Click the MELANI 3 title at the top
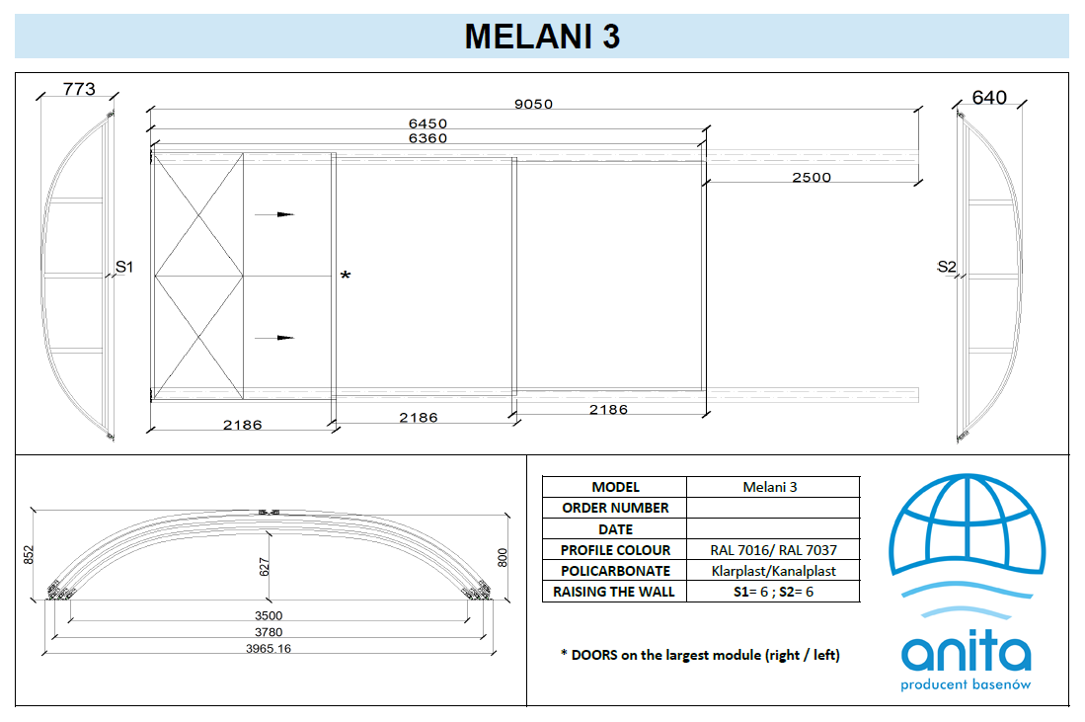542,36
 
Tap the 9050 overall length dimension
533,104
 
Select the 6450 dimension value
427,123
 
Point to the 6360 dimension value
427,137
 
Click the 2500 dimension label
812,177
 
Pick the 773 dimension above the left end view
79,89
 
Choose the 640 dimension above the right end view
989,98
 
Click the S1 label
123,267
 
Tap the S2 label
947,267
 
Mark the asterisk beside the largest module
346,276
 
